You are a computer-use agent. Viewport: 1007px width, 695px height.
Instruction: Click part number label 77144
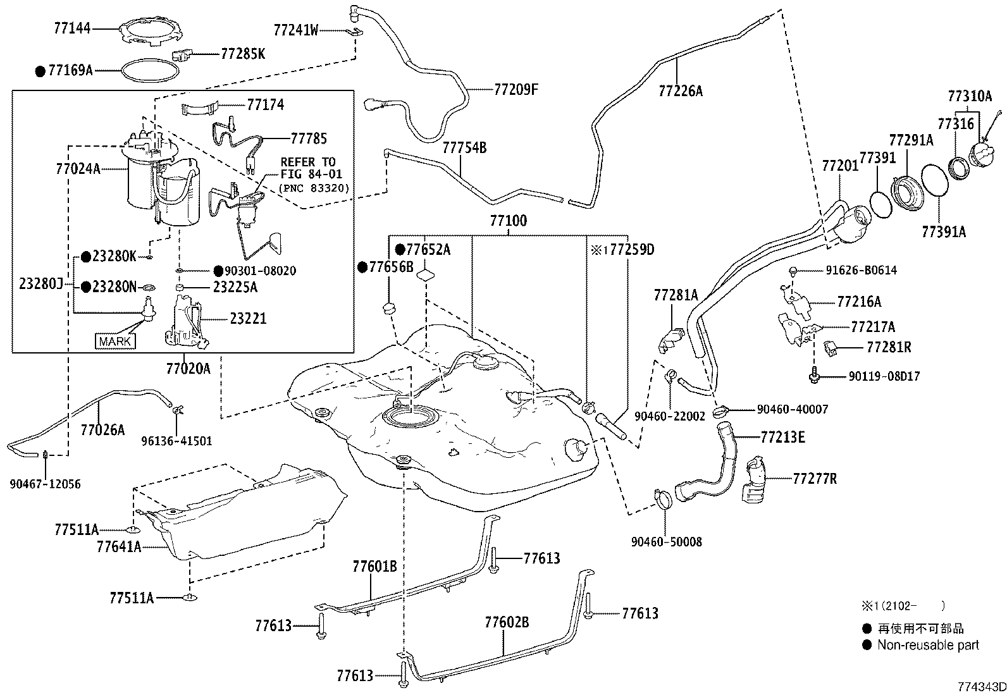click(72, 28)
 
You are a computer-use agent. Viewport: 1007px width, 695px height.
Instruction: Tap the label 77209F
click(516, 89)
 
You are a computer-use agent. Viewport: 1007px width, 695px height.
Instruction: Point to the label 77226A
click(681, 91)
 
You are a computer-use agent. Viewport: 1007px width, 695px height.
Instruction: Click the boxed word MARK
click(115, 341)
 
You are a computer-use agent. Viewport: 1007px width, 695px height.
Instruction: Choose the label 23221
click(248, 318)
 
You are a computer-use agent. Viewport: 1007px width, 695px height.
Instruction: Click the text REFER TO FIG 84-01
click(311, 168)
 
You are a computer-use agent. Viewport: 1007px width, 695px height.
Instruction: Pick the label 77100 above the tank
click(509, 220)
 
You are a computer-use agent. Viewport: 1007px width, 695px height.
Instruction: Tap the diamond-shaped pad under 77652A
click(425, 274)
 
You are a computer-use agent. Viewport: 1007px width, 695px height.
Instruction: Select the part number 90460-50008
click(666, 542)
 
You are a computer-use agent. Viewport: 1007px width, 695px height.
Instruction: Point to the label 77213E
click(782, 437)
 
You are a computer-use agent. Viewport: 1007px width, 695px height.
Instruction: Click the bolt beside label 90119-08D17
click(813, 376)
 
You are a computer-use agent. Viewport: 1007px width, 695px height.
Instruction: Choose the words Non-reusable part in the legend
click(928, 645)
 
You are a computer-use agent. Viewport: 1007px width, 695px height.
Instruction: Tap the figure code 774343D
click(982, 686)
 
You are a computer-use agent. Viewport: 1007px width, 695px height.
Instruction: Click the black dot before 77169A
click(40, 71)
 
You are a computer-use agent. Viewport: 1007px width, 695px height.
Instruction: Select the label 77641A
click(119, 546)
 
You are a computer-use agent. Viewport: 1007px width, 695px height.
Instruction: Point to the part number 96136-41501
click(176, 441)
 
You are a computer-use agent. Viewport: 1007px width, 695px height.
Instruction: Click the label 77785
click(309, 138)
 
